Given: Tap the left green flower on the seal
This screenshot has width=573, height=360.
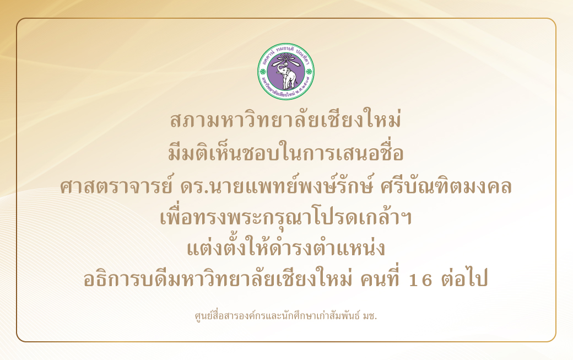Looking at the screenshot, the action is pyautogui.click(x=264, y=71).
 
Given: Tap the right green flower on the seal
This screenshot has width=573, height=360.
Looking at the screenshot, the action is pyautogui.click(x=309, y=71).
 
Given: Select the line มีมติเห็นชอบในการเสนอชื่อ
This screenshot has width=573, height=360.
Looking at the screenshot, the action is pyautogui.click(x=286, y=152).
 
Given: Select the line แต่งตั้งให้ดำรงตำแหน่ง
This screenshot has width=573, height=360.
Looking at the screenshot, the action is pyautogui.click(x=286, y=249).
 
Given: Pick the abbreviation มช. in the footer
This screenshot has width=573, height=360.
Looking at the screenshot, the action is pyautogui.click(x=370, y=315).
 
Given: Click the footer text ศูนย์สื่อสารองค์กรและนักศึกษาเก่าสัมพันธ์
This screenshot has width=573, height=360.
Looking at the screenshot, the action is pyautogui.click(x=278, y=315).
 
